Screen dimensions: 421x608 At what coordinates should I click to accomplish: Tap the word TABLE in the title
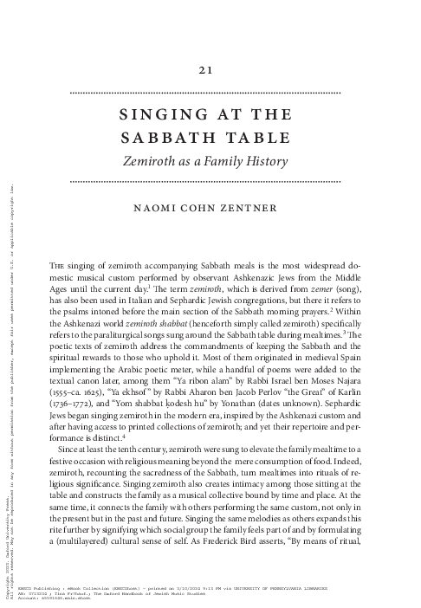pyautogui.click(x=250, y=139)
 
